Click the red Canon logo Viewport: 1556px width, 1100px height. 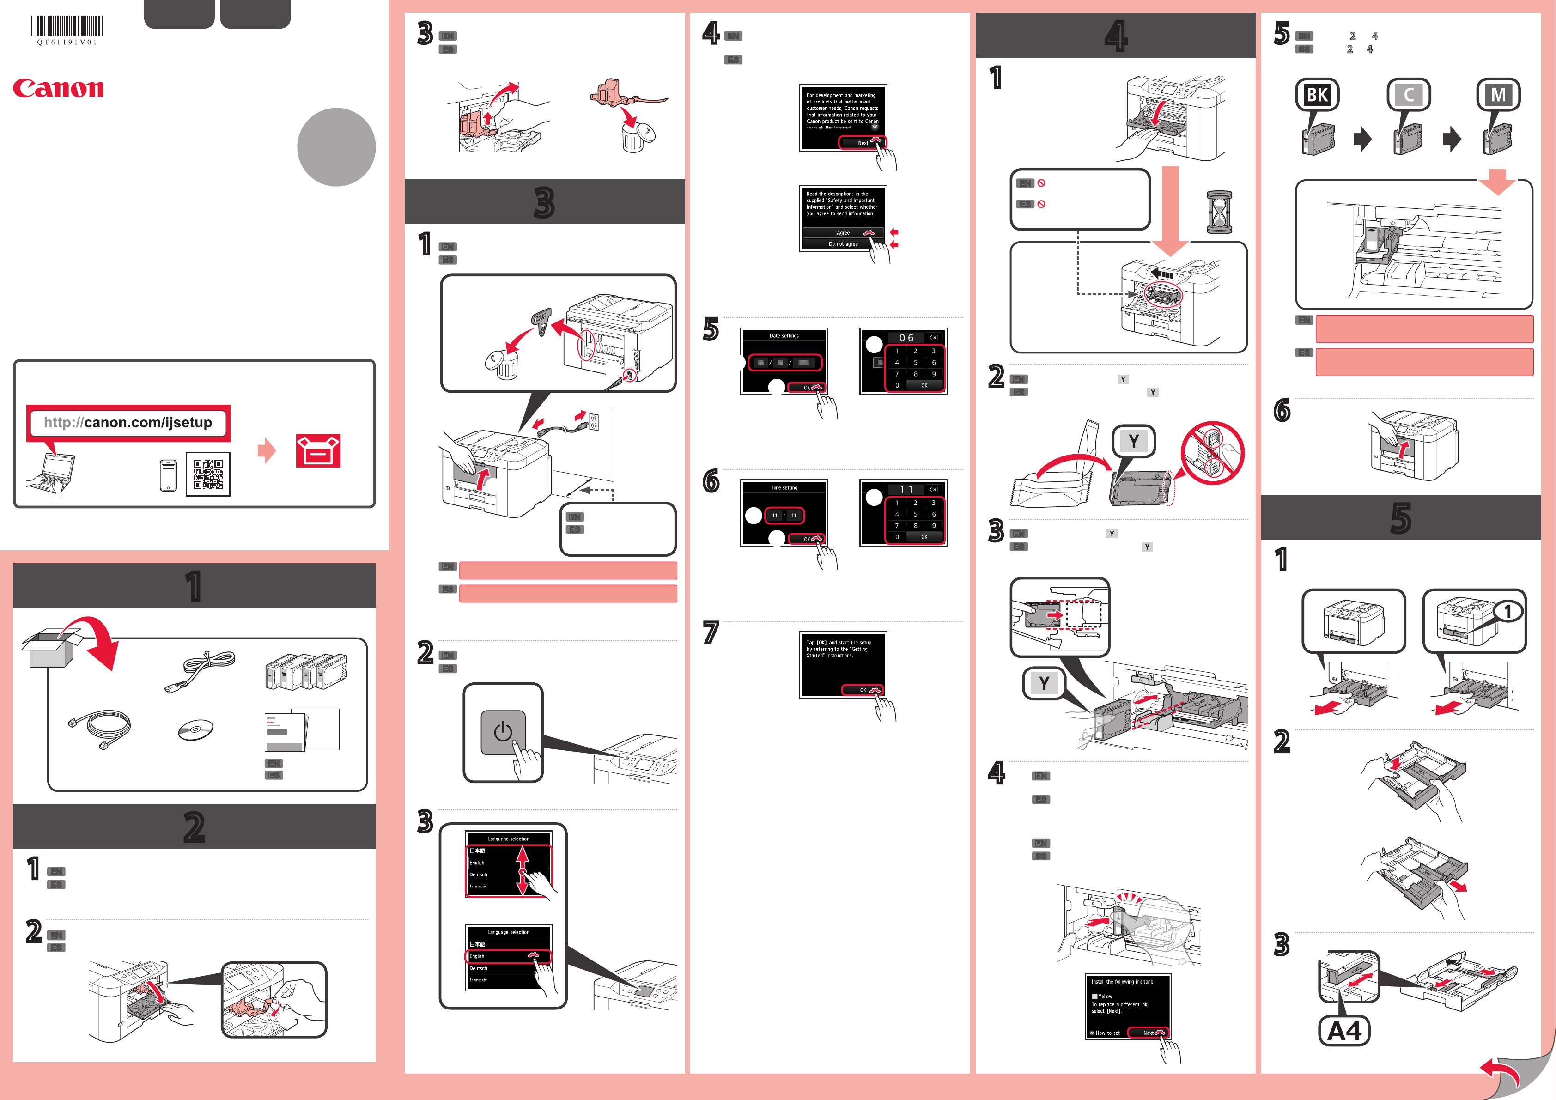[58, 88]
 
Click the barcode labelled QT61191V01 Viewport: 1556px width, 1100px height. [67, 27]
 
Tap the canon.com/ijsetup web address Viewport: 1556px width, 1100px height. [128, 423]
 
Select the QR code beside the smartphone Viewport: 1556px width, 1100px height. [208, 474]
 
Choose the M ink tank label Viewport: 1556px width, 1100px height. [1498, 95]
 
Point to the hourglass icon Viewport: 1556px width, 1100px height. [1219, 212]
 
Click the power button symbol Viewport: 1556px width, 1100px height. [503, 732]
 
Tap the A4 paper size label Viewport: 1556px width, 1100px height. [1344, 1031]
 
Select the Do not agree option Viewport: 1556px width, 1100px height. [842, 244]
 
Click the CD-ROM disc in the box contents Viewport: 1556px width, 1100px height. [195, 730]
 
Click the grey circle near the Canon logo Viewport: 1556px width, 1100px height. [336, 147]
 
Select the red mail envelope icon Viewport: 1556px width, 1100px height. [318, 451]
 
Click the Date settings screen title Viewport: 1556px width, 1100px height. [784, 335]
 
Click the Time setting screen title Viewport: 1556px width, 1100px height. [784, 487]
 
